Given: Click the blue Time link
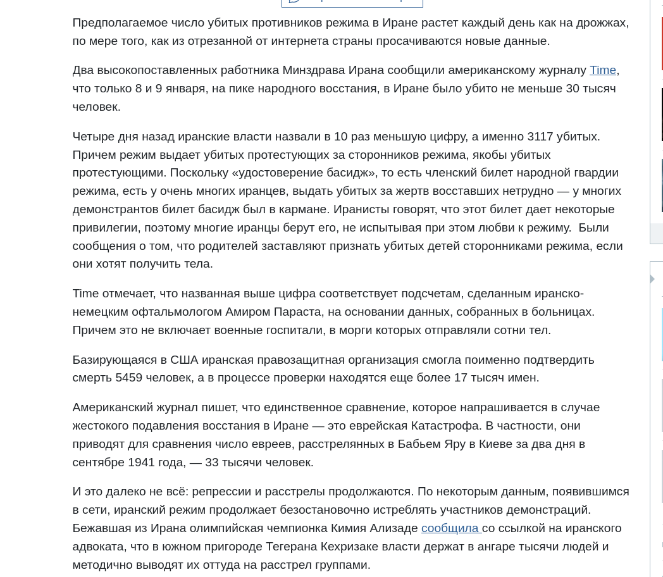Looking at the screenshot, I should tap(602, 70).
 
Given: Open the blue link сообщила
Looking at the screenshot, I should tap(450, 528).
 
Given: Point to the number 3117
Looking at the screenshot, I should tap(540, 137).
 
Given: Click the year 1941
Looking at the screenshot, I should tap(141, 462).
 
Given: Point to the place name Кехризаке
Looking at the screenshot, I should tap(354, 547).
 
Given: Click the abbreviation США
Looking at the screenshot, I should tap(184, 360).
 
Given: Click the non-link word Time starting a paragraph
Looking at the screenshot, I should tap(85, 294).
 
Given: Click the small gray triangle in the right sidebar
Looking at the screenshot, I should tap(652, 279).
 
